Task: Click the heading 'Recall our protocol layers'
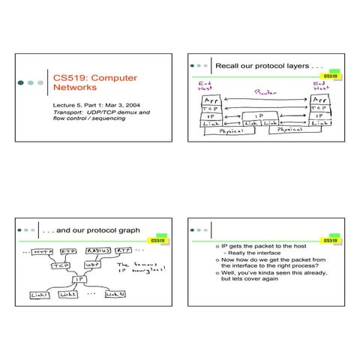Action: click(257, 66)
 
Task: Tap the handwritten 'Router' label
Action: click(266, 92)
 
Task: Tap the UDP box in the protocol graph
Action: click(93, 265)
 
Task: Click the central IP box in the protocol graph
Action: click(77, 279)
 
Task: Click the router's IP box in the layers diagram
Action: click(258, 116)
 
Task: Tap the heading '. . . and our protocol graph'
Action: click(87, 230)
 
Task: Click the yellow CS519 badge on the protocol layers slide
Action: click(331, 76)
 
